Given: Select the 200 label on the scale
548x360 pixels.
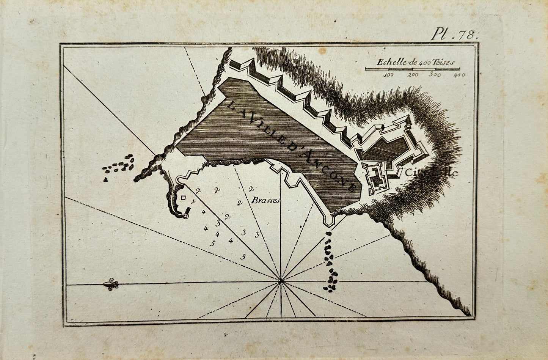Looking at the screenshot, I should click(413, 75).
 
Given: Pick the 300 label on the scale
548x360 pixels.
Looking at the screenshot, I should click(435, 75).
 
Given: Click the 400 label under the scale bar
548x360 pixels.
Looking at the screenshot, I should click(459, 75).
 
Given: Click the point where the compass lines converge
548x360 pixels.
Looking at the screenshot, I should click(281, 281).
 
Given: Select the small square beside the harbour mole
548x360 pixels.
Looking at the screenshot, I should click(183, 197).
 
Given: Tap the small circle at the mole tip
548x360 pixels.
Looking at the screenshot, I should click(185, 217).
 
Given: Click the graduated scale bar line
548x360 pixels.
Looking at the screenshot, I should click(412, 69).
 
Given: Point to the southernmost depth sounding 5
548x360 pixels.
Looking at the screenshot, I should click(243, 257).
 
